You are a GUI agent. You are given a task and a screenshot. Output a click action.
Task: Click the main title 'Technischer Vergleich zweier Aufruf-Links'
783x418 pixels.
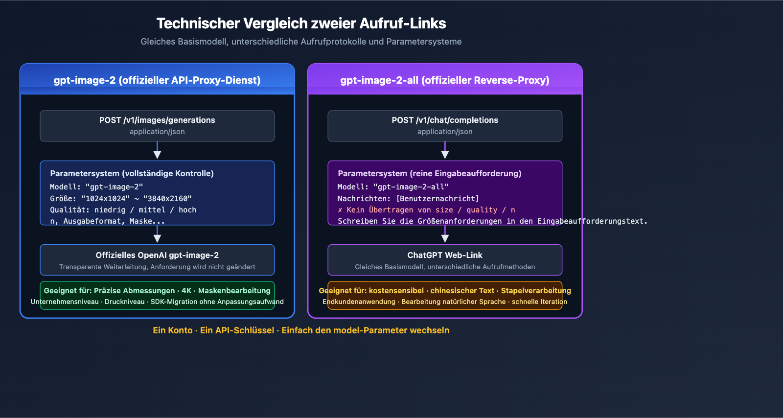301,23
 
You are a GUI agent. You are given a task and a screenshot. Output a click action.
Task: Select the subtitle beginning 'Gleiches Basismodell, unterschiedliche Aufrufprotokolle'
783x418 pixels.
301,42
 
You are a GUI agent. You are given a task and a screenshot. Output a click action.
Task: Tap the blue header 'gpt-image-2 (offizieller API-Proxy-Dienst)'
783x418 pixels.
157,80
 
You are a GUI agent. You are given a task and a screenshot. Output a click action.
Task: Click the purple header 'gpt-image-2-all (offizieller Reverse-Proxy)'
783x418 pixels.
445,80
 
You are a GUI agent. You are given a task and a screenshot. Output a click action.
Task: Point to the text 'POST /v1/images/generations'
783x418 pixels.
157,120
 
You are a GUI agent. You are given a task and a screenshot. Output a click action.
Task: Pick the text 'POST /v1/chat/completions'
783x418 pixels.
445,120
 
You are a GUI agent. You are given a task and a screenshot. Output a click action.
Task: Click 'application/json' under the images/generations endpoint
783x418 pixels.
157,132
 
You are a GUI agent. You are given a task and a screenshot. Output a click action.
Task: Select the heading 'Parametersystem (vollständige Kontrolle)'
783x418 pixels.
132,173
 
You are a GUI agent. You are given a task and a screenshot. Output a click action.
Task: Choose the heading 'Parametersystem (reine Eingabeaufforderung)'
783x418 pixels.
429,173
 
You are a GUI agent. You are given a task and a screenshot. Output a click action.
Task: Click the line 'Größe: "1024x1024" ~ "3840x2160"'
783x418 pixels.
121,198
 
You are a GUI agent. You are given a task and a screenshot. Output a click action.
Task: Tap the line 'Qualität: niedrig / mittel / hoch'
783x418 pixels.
123,209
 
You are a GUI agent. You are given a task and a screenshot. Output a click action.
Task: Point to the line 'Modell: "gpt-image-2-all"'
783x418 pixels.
392,186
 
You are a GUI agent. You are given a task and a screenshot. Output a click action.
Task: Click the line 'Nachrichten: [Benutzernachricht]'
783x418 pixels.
408,198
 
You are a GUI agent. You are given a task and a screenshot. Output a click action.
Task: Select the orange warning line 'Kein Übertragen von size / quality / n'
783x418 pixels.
426,209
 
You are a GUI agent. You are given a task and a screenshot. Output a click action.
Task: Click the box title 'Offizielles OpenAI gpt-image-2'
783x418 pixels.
157,255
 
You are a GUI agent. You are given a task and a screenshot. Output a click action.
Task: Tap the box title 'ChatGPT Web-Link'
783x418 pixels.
445,255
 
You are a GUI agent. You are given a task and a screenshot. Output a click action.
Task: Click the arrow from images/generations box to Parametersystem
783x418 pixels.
157,151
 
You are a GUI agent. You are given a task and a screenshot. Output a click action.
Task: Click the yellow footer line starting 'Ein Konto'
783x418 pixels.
301,330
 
